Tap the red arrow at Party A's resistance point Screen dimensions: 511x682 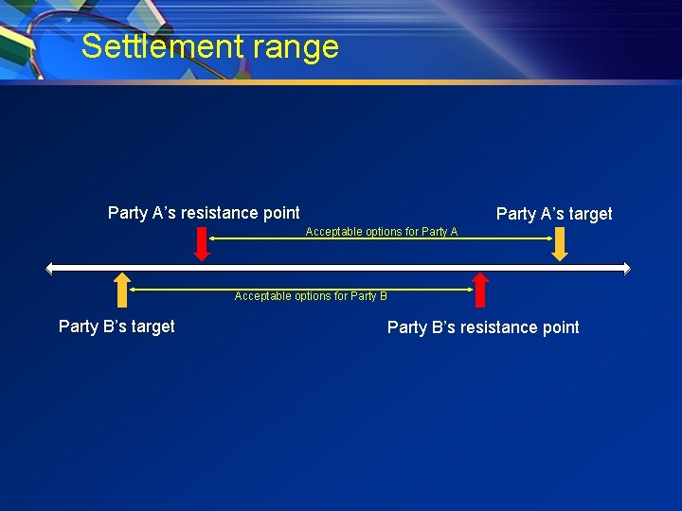point(201,243)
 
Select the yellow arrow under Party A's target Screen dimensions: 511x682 point(560,243)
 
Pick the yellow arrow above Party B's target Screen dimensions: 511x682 point(121,290)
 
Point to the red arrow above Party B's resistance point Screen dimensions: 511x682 point(480,290)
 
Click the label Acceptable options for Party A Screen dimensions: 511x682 point(381,232)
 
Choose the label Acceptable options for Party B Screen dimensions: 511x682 point(311,296)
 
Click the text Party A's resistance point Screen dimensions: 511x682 point(204,213)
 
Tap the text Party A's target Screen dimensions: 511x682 point(554,214)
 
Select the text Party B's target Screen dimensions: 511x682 point(117,326)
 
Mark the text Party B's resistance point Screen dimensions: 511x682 point(483,327)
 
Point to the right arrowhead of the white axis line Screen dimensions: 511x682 point(625,268)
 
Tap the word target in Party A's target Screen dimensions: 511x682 point(589,214)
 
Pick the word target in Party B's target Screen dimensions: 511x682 point(152,326)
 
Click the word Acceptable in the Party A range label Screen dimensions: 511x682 point(328,232)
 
